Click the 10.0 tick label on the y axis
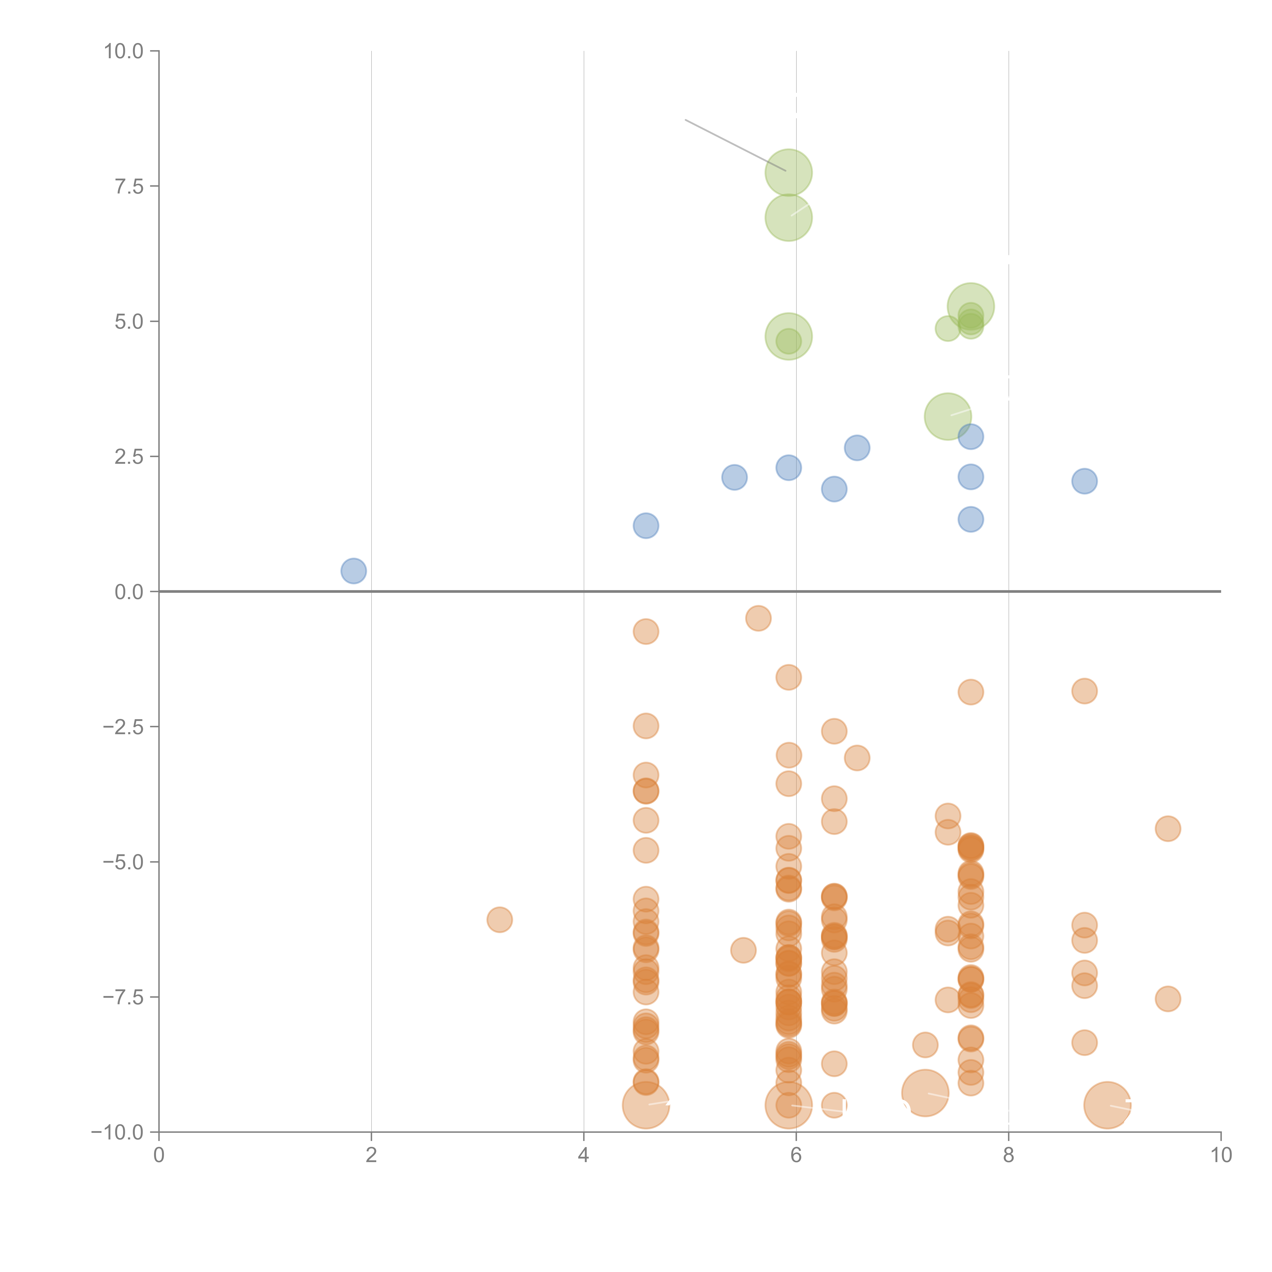click(x=124, y=51)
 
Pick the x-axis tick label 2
click(x=371, y=1155)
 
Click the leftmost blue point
click(x=354, y=571)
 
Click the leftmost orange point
click(x=500, y=920)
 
